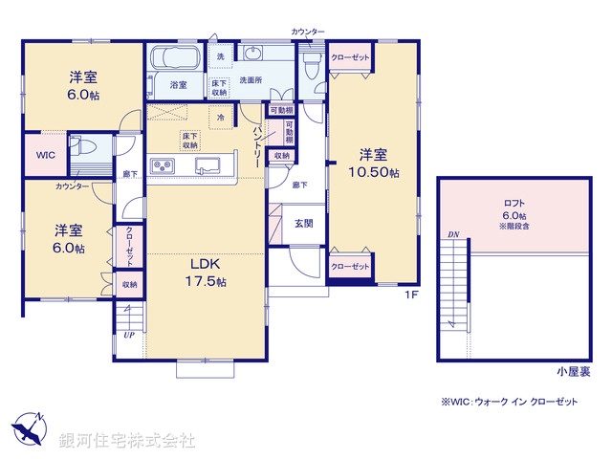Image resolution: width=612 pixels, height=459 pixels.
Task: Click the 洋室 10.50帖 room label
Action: (x=373, y=163)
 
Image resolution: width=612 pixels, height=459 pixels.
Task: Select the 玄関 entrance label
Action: (x=303, y=223)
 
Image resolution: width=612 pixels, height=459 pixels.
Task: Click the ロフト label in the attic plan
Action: (x=514, y=203)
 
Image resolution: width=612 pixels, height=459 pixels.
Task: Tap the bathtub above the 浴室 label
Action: (x=174, y=56)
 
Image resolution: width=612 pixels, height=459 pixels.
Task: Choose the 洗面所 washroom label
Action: (x=251, y=81)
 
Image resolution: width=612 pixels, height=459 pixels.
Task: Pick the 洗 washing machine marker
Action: (x=220, y=57)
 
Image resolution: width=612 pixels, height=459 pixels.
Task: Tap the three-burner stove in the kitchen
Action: (x=163, y=167)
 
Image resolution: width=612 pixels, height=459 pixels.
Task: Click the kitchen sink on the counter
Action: (x=209, y=166)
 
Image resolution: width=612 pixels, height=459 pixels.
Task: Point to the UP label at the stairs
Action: (x=128, y=336)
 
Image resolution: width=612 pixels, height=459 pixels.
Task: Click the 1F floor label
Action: (x=410, y=295)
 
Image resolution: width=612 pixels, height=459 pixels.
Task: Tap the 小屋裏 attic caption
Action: (x=573, y=370)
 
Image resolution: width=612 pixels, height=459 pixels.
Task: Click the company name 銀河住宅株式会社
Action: (x=126, y=441)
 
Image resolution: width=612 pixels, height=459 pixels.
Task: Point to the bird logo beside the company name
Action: (x=29, y=429)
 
